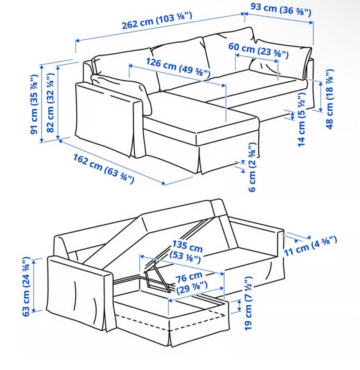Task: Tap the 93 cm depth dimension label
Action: coord(280,10)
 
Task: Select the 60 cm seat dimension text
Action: coord(258,50)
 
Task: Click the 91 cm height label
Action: coord(34,104)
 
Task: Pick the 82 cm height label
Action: coord(51,103)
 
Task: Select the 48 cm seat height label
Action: coord(330,99)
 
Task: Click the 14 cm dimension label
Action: coord(301,119)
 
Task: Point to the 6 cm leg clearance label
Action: coord(252,167)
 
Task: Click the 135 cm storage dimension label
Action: coord(186,252)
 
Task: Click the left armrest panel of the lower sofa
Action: coord(80,292)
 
